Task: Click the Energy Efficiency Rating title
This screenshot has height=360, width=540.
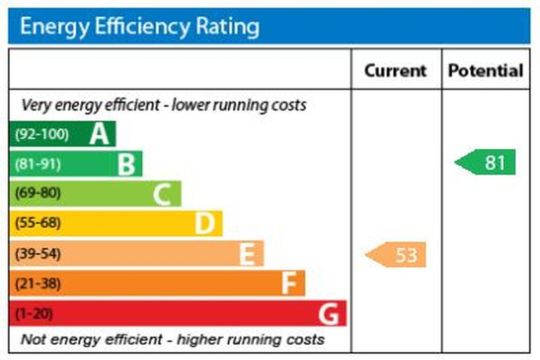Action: [x=140, y=26]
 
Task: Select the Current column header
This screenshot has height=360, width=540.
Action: [x=395, y=70]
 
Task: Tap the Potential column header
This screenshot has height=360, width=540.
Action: [x=485, y=70]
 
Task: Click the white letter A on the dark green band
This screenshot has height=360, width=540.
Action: [x=99, y=134]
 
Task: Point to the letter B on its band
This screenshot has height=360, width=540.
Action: [x=126, y=164]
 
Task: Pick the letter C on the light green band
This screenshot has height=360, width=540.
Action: [x=162, y=194]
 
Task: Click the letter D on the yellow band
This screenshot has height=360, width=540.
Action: [x=204, y=224]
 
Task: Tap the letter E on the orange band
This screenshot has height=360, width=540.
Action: [x=246, y=254]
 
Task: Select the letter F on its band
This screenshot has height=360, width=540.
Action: [x=288, y=284]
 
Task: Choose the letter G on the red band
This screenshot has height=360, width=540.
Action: [x=329, y=314]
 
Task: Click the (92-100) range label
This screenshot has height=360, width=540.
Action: [x=41, y=134]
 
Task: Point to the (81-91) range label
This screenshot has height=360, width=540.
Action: [x=38, y=164]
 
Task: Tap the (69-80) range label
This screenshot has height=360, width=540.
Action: [x=38, y=193]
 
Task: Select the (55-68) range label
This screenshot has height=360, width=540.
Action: [x=38, y=223]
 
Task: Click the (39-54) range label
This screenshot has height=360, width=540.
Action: [x=38, y=253]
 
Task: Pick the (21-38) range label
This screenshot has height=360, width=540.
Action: [x=38, y=284]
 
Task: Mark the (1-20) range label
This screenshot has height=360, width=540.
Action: [x=34, y=313]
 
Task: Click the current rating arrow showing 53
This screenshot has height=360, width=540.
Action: [x=397, y=255]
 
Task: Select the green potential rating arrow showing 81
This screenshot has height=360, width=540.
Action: [x=486, y=163]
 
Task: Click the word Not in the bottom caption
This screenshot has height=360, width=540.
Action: [x=35, y=340]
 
